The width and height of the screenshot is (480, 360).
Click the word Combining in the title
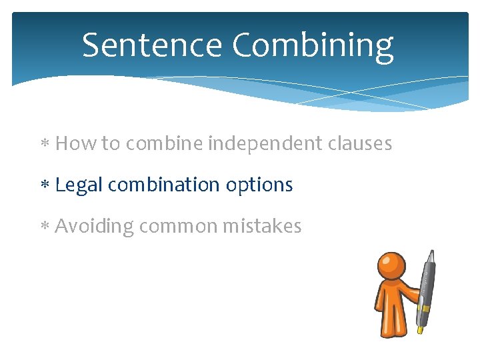313,47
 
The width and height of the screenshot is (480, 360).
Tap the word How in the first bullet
75,143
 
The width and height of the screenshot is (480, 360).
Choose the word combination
164,185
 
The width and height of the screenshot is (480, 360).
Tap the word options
259,185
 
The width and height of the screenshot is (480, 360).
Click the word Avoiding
94,227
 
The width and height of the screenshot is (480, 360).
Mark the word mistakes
262,227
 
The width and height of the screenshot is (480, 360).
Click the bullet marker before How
45,145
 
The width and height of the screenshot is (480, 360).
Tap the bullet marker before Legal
45,186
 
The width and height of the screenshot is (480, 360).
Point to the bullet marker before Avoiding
45,227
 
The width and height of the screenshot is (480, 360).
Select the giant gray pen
427,287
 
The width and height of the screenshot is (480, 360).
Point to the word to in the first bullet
110,144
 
